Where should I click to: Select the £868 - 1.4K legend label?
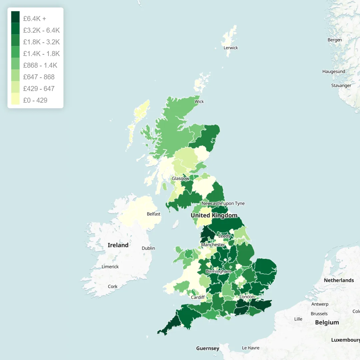pyautogui.click(x=40, y=65)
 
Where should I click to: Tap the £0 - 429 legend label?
pyautogui.click(x=35, y=100)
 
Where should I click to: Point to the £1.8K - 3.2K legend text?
pyautogui.click(x=41, y=42)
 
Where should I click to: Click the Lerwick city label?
pyautogui.click(x=231, y=48)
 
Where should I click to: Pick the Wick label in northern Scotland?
pyautogui.click(x=199, y=102)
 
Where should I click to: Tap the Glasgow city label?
pyautogui.click(x=180, y=179)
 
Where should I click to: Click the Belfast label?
pyautogui.click(x=153, y=214)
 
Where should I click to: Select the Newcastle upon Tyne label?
pyautogui.click(x=223, y=203)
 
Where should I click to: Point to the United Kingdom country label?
pyautogui.click(x=214, y=216)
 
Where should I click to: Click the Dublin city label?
pyautogui.click(x=148, y=248)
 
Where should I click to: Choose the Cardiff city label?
pyautogui.click(x=198, y=297)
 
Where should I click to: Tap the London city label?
pyautogui.click(x=247, y=297)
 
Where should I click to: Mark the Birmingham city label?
pyautogui.click(x=218, y=271)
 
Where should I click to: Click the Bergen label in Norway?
pyautogui.click(x=335, y=40)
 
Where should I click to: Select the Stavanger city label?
pyautogui.click(x=341, y=86)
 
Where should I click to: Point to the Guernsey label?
pyautogui.click(x=208, y=348)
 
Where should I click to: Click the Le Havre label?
pyautogui.click(x=251, y=348)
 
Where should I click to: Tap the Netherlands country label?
pyautogui.click(x=339, y=280)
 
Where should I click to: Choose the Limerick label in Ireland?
pyautogui.click(x=110, y=267)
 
